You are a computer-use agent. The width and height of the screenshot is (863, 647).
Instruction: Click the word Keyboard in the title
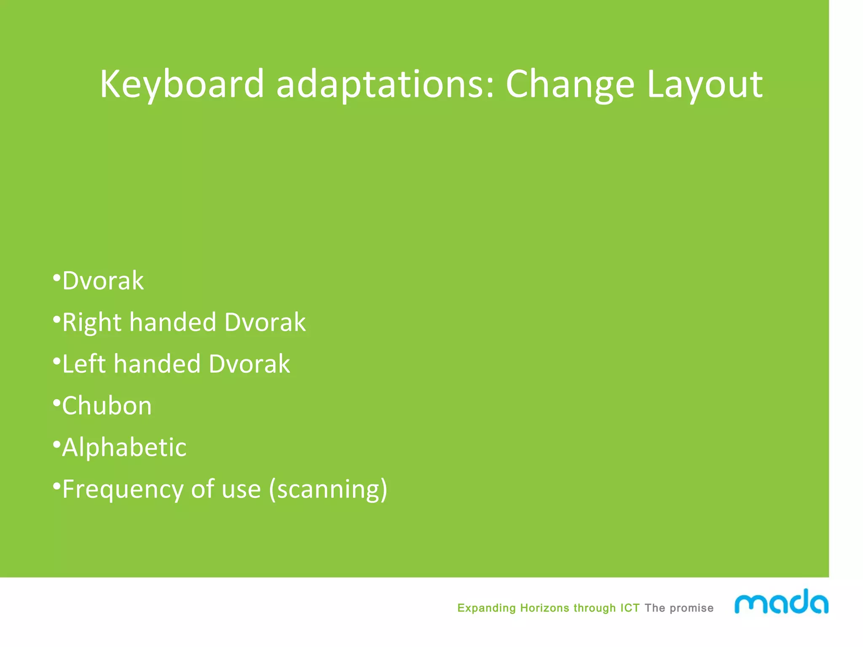pos(182,84)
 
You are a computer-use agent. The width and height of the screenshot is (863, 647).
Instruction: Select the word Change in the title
pos(570,84)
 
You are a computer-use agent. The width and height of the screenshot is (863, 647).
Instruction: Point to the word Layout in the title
pos(704,84)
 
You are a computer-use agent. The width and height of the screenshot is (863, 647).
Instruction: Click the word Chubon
pos(107,406)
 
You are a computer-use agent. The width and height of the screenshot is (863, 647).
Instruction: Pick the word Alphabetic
pos(124,447)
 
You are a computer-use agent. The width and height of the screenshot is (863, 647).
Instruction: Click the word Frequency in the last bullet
pos(123,489)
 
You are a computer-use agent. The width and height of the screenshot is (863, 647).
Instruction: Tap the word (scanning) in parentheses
pos(328,489)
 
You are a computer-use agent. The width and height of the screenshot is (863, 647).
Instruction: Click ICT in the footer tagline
pos(630,608)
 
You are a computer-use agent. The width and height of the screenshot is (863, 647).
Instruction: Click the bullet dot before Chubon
pos(56,403)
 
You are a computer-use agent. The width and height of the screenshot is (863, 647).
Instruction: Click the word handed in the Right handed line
pos(173,323)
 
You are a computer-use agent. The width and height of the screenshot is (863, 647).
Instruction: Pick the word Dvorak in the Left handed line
pos(249,364)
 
